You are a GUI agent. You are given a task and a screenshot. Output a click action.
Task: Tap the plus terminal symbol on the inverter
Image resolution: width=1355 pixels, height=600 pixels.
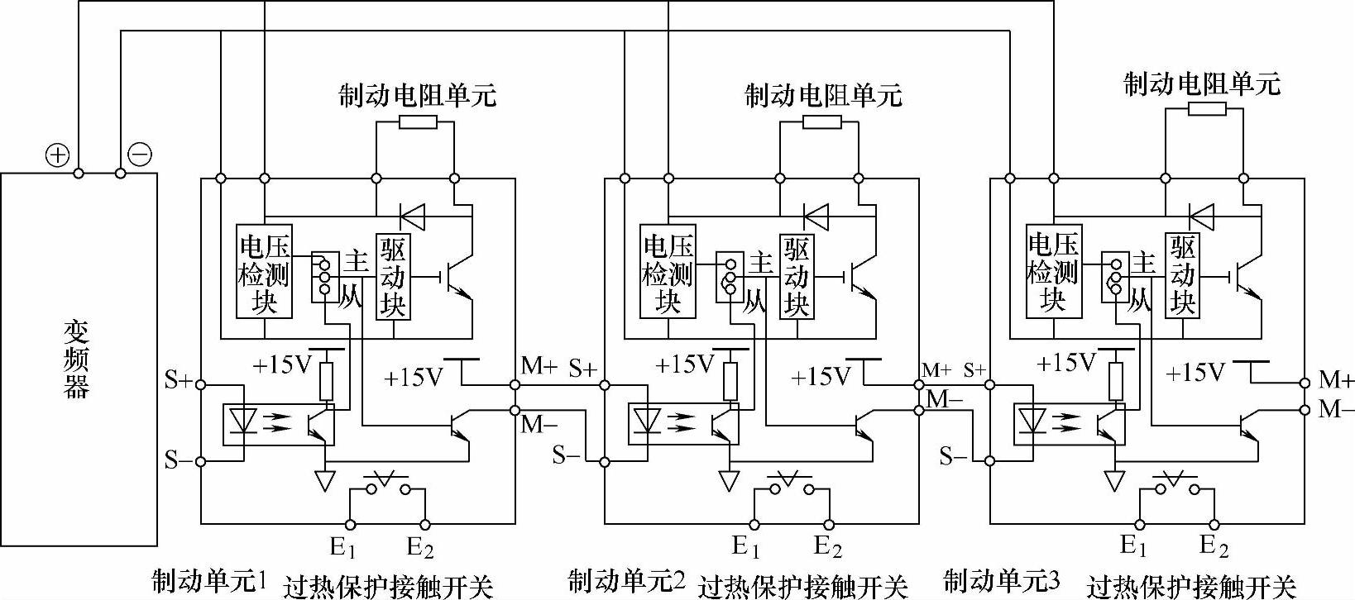pos(56,155)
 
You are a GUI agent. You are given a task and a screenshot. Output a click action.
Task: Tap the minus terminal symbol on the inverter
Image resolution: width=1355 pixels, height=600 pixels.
pos(140,155)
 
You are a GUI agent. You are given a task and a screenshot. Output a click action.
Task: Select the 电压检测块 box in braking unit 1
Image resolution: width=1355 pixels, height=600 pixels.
pos(264,270)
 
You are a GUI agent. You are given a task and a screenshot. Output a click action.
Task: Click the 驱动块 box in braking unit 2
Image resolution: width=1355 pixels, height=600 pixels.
pos(797,276)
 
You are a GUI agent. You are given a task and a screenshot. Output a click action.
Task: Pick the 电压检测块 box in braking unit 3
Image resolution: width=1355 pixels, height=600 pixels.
pos(1053,270)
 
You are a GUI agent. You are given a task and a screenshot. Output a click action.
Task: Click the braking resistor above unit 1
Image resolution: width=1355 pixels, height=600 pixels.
pos(417,122)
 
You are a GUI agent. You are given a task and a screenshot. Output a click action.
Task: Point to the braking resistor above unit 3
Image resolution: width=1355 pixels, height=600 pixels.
pos(1205,111)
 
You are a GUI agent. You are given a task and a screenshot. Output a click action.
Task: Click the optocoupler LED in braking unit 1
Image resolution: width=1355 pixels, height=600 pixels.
pos(242,421)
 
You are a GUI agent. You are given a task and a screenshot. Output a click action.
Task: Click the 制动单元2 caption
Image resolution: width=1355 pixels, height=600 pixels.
pos(627,581)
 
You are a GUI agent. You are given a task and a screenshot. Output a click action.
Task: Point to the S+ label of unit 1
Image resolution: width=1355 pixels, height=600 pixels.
pos(178,381)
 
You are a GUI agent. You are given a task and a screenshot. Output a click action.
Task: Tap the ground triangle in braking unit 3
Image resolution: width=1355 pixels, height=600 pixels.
pos(1114,480)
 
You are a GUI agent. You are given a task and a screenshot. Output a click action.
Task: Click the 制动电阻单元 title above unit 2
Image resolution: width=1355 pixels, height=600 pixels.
pos(822,95)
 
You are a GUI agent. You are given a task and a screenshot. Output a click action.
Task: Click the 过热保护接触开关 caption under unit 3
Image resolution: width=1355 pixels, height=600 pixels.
pos(1190,587)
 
